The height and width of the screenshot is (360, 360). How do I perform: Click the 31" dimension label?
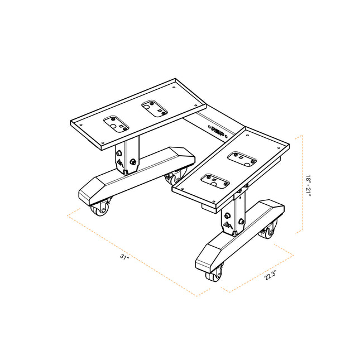click(x=124, y=257)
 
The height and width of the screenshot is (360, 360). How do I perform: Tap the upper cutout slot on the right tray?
click(x=243, y=159)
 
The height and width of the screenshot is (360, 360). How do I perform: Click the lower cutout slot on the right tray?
click(x=214, y=181)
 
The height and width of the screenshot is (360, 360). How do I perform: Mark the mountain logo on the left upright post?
click(x=121, y=164)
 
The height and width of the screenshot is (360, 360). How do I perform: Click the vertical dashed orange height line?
click(x=301, y=184)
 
